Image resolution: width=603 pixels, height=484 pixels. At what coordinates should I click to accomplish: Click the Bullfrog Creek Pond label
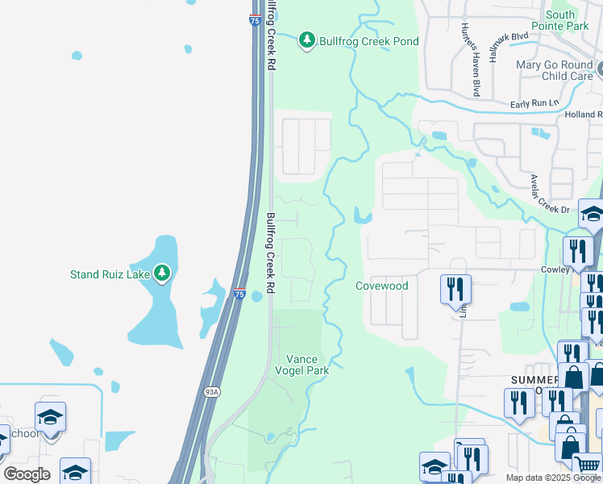coord(368,41)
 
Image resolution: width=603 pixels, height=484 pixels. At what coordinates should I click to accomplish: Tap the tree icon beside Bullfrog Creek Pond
coord(306,40)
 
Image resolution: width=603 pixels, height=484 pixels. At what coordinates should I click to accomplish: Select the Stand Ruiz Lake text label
coord(110,274)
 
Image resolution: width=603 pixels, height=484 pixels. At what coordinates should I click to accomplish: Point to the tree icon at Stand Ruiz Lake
coord(163,274)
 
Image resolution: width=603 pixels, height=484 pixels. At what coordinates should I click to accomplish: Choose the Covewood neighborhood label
coord(382,286)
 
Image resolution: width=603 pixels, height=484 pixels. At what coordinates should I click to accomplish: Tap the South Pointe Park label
coord(567,20)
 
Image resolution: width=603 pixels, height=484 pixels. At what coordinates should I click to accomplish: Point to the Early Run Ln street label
coord(534,104)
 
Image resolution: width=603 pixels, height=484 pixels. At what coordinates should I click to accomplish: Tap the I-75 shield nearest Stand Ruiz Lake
coord(239,294)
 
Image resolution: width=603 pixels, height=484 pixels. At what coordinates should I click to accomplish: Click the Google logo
coord(27,474)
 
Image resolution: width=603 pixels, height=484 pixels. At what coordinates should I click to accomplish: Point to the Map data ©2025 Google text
coord(552,478)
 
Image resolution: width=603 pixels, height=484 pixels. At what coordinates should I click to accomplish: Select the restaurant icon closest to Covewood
coord(455,289)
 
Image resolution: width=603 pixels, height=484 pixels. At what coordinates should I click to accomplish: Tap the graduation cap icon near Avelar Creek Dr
coord(592,214)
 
